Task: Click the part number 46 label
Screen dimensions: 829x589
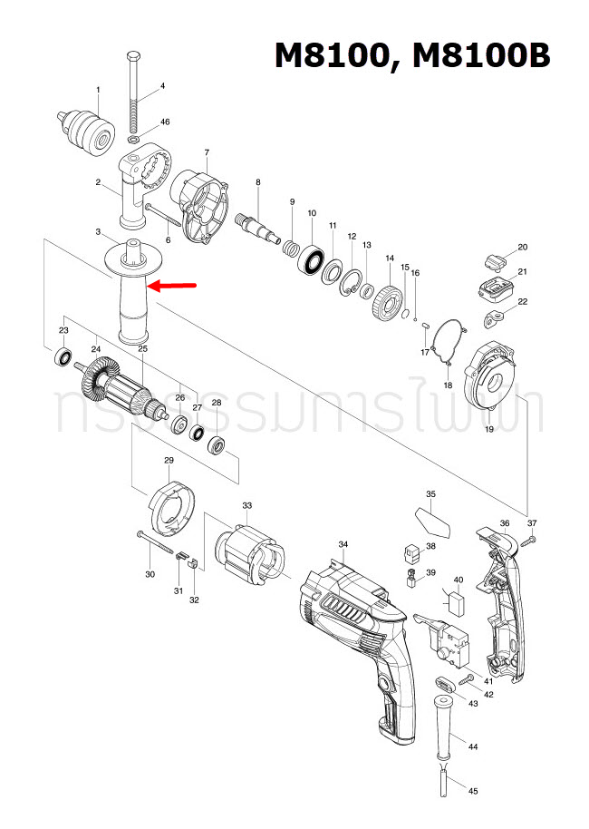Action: [x=164, y=122]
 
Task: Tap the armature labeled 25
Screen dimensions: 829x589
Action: [x=122, y=391]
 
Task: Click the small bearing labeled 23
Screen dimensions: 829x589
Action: [x=63, y=356]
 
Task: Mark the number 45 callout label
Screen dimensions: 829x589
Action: [x=472, y=792]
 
